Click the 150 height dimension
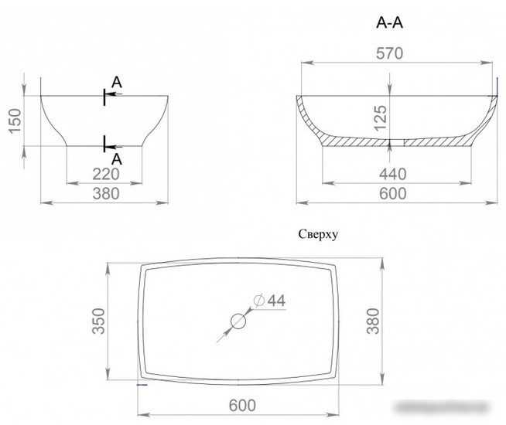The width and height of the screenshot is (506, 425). (15, 121)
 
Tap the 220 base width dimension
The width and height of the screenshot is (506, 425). (106, 175)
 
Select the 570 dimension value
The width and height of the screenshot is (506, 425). (389, 53)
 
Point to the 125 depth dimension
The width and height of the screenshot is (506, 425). (381, 118)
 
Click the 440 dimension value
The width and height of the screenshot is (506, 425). (393, 175)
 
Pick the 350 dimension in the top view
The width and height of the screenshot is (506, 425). (99, 321)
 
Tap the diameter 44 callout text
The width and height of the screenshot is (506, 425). (269, 301)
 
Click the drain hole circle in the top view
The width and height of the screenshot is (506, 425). (238, 321)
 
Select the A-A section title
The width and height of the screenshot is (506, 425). (389, 23)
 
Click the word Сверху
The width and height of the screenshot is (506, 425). (318, 234)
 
